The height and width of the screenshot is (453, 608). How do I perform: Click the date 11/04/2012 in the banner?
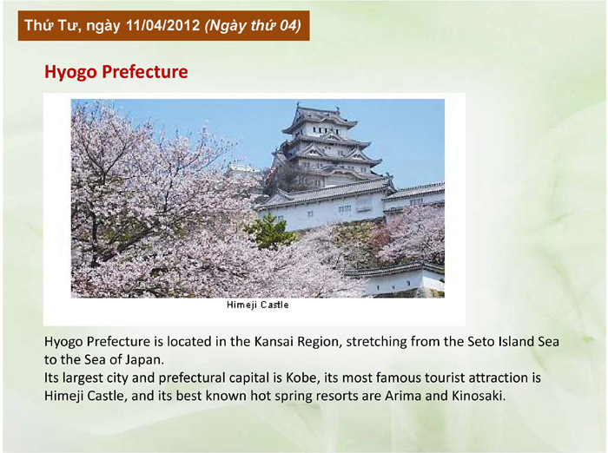click(x=163, y=26)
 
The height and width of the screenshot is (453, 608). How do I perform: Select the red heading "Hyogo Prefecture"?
click(x=116, y=72)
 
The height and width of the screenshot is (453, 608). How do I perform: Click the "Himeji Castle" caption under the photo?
click(x=257, y=305)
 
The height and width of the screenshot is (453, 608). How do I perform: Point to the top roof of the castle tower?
click(x=320, y=116)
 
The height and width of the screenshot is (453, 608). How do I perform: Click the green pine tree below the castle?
click(x=271, y=232)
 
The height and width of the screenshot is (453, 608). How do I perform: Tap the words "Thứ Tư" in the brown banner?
click(x=53, y=26)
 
